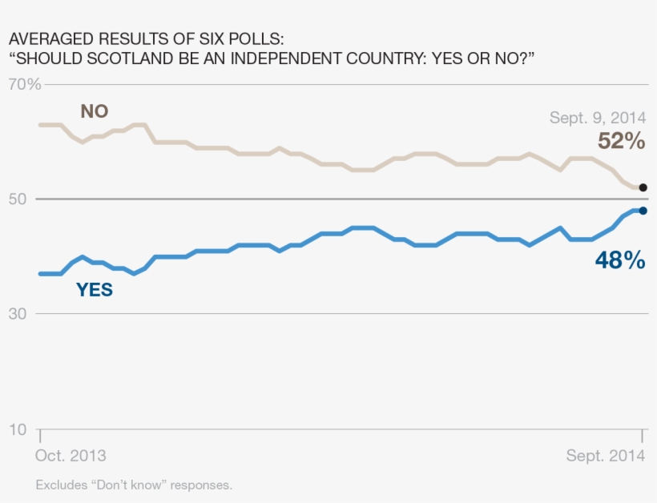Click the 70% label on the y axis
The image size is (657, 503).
pyautogui.click(x=24, y=84)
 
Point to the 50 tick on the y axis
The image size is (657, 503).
pyautogui.click(x=18, y=199)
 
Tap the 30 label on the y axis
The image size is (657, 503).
pyautogui.click(x=18, y=314)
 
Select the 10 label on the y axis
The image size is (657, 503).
pyautogui.click(x=18, y=430)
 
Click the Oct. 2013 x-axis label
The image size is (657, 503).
pyautogui.click(x=71, y=456)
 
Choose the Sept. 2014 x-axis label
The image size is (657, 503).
pyautogui.click(x=606, y=456)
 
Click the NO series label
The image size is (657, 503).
pyautogui.click(x=94, y=111)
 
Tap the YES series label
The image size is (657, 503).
pyautogui.click(x=95, y=291)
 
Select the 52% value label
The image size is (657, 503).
pyautogui.click(x=621, y=142)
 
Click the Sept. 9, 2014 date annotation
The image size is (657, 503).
pyautogui.click(x=598, y=118)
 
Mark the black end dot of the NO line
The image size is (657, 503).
pyautogui.click(x=643, y=187)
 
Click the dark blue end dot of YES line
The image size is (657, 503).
pyautogui.click(x=643, y=211)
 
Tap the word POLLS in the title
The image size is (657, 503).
pyautogui.click(x=256, y=38)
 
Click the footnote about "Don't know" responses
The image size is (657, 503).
pyautogui.click(x=134, y=485)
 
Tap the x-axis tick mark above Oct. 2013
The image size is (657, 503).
pyautogui.click(x=39, y=434)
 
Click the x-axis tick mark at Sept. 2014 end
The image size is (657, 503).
pyautogui.click(x=642, y=434)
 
